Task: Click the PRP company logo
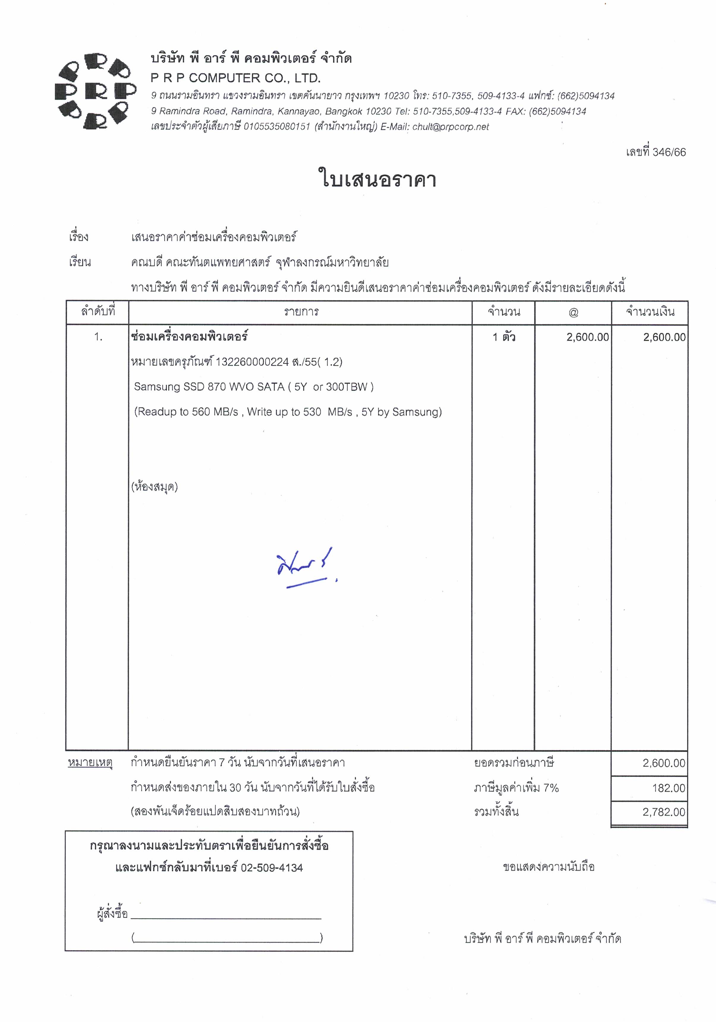click(95, 91)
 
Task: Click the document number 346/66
click(669, 152)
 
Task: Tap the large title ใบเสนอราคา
click(377, 179)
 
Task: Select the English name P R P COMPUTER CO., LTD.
click(235, 78)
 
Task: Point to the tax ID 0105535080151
click(276, 127)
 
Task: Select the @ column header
click(573, 313)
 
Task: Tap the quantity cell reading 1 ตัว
click(504, 337)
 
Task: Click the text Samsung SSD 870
click(180, 387)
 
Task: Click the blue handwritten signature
click(305, 568)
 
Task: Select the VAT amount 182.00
click(668, 788)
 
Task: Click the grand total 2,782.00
click(663, 812)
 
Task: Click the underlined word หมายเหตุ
click(90, 763)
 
